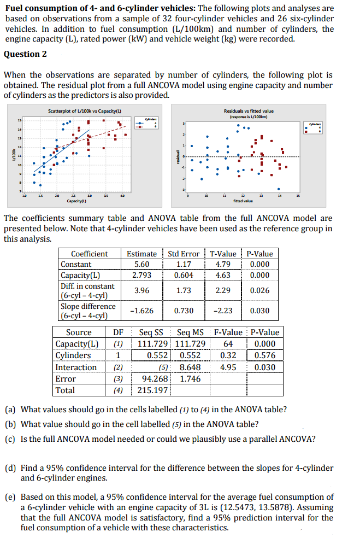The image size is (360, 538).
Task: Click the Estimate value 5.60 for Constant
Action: coord(141,264)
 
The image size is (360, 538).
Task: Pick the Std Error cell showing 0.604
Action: coord(183,275)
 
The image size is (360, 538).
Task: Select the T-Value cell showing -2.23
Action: coord(223,311)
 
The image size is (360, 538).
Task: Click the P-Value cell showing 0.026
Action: coord(259,290)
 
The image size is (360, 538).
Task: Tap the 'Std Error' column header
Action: coord(184,254)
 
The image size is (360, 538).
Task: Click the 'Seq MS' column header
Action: coord(190,332)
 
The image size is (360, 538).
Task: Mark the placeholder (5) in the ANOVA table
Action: coord(163,367)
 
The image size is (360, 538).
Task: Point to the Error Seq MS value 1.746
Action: coord(190,378)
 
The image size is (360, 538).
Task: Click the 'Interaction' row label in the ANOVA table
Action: coord(76,367)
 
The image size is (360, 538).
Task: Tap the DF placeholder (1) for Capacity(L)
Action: coord(117,344)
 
